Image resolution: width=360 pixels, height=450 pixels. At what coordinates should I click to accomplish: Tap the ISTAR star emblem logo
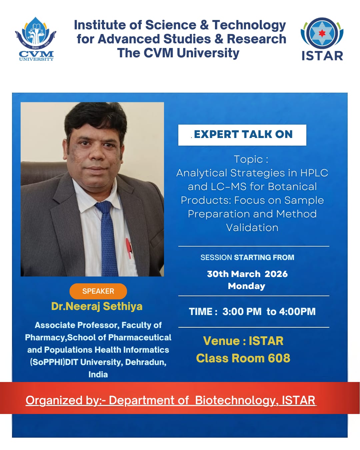pos(322,33)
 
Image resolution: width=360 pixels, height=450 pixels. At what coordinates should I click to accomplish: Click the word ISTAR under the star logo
pos(322,56)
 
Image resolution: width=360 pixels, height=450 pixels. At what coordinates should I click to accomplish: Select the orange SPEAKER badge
pos(98,291)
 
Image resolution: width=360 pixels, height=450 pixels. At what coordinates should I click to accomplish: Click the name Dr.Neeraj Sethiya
pos(97,307)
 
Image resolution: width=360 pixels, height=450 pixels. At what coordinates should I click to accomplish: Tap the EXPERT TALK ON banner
pos(242,135)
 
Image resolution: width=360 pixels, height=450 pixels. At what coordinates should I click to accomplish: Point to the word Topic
pos(248,159)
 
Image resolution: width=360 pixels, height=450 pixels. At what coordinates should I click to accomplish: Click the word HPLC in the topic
pos(314,173)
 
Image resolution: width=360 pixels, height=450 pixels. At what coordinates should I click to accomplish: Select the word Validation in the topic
pos(252,228)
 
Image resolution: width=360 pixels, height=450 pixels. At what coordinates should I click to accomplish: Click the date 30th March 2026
pos(247,274)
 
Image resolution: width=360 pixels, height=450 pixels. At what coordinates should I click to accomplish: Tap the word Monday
pos(247,286)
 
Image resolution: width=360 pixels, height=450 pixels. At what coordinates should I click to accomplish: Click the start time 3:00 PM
pos(242,312)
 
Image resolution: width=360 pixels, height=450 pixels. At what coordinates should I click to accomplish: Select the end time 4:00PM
pos(297,312)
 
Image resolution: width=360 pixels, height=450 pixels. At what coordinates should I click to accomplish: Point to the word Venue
pos(222,341)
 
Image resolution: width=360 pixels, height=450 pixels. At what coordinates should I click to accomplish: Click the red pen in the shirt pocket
pos(129,248)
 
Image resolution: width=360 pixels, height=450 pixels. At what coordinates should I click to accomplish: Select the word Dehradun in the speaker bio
pos(146,362)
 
